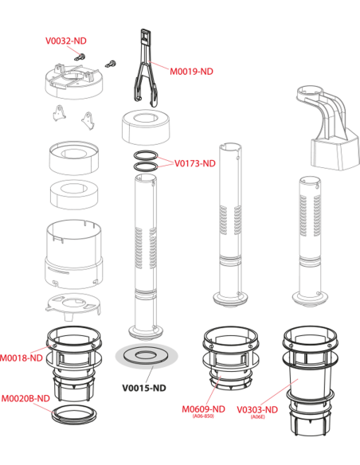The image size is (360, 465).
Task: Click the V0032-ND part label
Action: point(66,41)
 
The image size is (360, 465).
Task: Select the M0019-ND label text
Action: point(191,72)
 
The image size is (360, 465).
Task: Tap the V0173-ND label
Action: point(195,163)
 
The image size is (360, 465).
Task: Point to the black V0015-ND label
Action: point(144,388)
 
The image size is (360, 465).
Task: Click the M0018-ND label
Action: point(22,358)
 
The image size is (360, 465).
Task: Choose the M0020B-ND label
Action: point(25,398)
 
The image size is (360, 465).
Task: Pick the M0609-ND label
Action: point(203,409)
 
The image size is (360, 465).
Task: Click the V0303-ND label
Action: point(257,410)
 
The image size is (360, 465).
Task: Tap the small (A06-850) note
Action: point(203,416)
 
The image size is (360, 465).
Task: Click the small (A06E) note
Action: point(258,416)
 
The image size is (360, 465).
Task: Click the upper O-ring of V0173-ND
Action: point(145,151)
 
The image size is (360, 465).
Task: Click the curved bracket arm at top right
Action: point(327,127)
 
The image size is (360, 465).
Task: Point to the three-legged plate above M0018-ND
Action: point(73,307)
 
